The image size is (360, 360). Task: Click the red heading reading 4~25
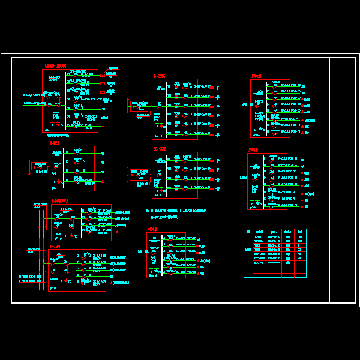pyautogui.click(x=159, y=76)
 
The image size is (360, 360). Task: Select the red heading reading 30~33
pyautogui.click(x=160, y=149)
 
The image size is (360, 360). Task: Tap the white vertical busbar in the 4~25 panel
pyautogui.click(x=166, y=109)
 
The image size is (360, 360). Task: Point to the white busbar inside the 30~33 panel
pyautogui.click(x=166, y=174)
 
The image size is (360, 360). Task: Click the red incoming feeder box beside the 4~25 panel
pyautogui.click(x=139, y=107)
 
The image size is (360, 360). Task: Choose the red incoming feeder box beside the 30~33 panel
pyautogui.click(x=139, y=175)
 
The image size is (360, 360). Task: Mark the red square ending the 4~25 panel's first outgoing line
pyautogui.click(x=211, y=88)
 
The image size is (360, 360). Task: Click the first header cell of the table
pyautogui.click(x=248, y=232)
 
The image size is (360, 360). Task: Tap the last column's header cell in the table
pyautogui.click(x=301, y=232)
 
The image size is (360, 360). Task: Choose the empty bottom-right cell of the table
pyautogui.click(x=301, y=275)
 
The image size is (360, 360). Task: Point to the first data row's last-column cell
pyautogui.click(x=301, y=237)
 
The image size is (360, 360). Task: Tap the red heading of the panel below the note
pyautogui.click(x=152, y=229)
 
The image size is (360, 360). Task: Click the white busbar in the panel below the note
pyautogui.click(x=161, y=254)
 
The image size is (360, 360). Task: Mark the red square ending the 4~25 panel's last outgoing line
pyautogui.click(x=211, y=133)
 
